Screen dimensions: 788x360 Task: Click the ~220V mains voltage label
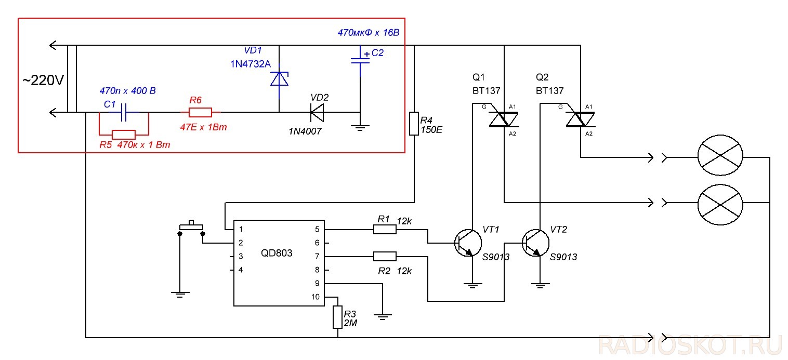point(43,81)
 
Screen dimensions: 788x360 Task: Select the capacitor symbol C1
point(124,112)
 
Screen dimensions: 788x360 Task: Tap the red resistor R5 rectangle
point(124,135)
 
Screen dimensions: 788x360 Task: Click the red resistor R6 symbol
point(200,112)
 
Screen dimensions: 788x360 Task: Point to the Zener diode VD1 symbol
point(279,79)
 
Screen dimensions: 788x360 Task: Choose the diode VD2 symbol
point(317,113)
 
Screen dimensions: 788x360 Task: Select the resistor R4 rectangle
point(414,124)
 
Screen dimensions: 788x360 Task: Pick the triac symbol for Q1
point(504,119)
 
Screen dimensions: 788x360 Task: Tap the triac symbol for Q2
point(580,119)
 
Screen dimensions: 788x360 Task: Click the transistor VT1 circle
point(468,243)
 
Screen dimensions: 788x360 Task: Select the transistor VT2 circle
point(536,243)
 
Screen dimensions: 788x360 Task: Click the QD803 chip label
point(277,253)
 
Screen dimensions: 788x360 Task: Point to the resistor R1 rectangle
point(385,230)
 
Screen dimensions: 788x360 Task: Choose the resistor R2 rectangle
point(385,256)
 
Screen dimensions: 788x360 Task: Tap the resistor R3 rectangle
point(338,317)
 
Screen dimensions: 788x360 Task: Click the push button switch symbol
point(191,229)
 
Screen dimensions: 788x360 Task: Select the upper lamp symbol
point(720,155)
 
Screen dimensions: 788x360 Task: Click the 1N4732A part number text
point(251,64)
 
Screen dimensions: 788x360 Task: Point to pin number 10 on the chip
point(315,297)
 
